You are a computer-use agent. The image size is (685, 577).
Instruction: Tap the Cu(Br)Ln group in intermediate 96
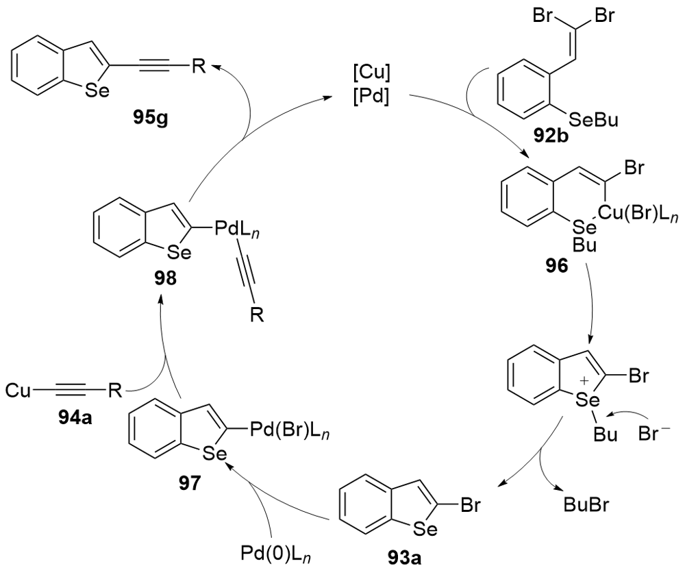click(628, 212)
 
